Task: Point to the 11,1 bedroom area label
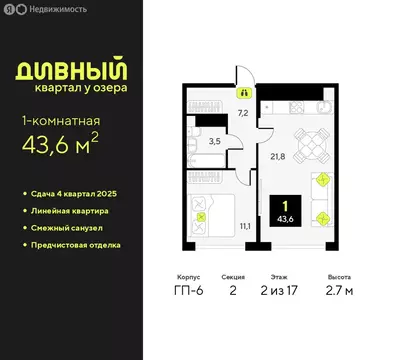coord(244,227)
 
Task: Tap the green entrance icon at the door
coord(242,89)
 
